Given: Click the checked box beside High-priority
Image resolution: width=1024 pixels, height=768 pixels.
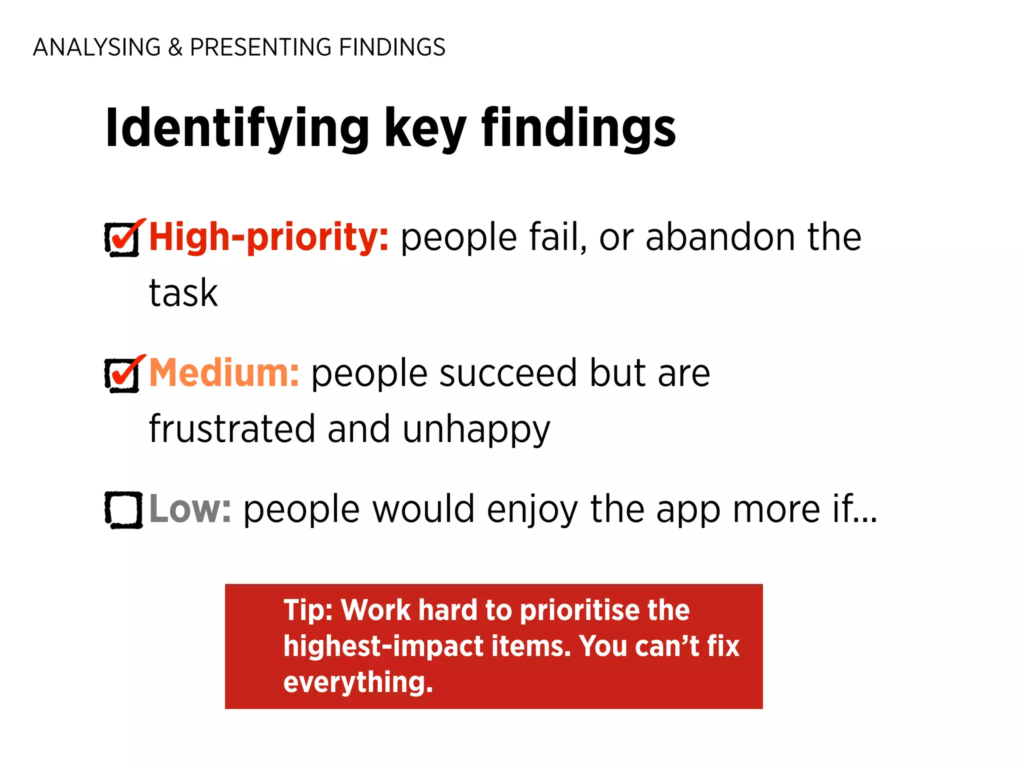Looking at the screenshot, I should coord(122,239).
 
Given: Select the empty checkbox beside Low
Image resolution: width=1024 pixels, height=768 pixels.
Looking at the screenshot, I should coord(123,510).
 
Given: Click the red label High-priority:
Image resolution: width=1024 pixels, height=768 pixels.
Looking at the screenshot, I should coord(268,237).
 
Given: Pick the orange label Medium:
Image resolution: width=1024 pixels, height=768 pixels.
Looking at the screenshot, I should coord(224,373).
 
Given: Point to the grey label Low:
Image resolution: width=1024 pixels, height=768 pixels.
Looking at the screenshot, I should coord(190,509).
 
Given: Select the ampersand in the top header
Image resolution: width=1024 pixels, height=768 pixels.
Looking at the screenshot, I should coord(175,47).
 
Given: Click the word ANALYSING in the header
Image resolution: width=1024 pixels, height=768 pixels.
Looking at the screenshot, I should coord(96,47).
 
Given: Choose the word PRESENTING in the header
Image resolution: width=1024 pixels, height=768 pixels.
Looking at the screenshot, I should coord(260,47).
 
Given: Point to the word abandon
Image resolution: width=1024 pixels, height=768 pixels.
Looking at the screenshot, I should coord(720,237).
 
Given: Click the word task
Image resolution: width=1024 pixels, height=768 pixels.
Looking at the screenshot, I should coord(183,293).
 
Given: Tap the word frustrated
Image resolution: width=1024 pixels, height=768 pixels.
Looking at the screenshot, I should coord(232,429).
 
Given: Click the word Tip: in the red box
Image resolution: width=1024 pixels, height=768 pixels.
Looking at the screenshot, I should coord(308,610).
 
